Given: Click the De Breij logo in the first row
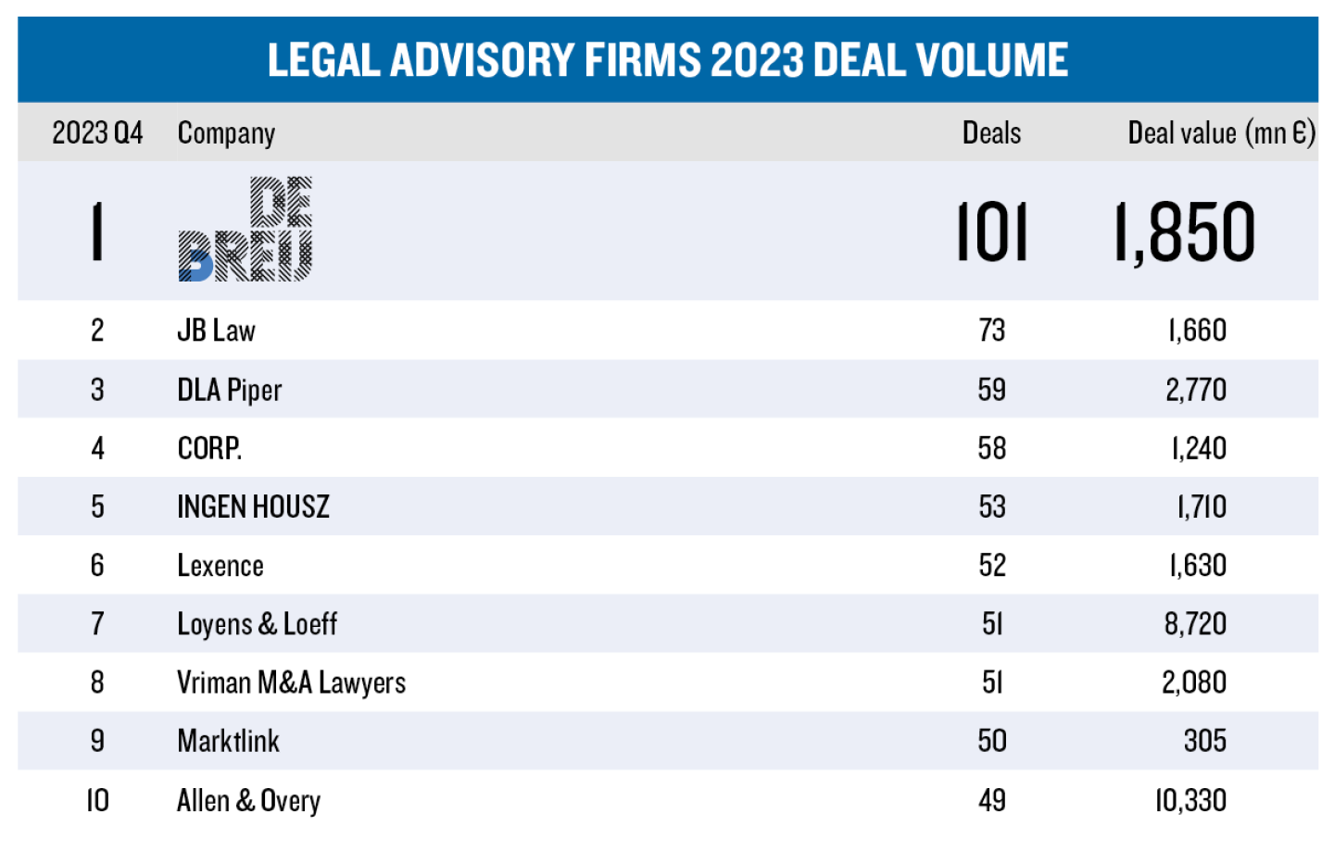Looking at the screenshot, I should pyautogui.click(x=245, y=230).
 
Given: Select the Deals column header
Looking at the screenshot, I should pyautogui.click(x=991, y=133).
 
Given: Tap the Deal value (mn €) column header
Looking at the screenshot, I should pyautogui.click(x=1221, y=133).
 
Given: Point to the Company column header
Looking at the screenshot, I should pyautogui.click(x=226, y=133).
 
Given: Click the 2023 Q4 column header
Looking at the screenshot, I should pyautogui.click(x=97, y=133).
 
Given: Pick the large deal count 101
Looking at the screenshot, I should pyautogui.click(x=991, y=232).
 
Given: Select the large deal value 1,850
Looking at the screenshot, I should pyautogui.click(x=1185, y=232).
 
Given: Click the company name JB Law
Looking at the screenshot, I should pyautogui.click(x=216, y=331).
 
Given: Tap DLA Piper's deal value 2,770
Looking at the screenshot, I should pyautogui.click(x=1196, y=390).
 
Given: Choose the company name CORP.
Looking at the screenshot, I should pyautogui.click(x=209, y=448).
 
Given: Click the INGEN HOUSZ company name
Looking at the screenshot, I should pyautogui.click(x=253, y=507).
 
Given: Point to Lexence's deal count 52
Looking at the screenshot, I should pyautogui.click(x=992, y=565).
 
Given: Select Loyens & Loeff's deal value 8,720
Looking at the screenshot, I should pyautogui.click(x=1195, y=624).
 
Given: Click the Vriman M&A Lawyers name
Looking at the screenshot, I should pyautogui.click(x=291, y=682).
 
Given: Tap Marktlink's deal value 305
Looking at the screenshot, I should pyautogui.click(x=1204, y=741).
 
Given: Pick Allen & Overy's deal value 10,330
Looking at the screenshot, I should pyautogui.click(x=1190, y=800).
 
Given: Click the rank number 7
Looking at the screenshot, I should pyautogui.click(x=97, y=624).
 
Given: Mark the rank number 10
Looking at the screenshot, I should pyautogui.click(x=97, y=800).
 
